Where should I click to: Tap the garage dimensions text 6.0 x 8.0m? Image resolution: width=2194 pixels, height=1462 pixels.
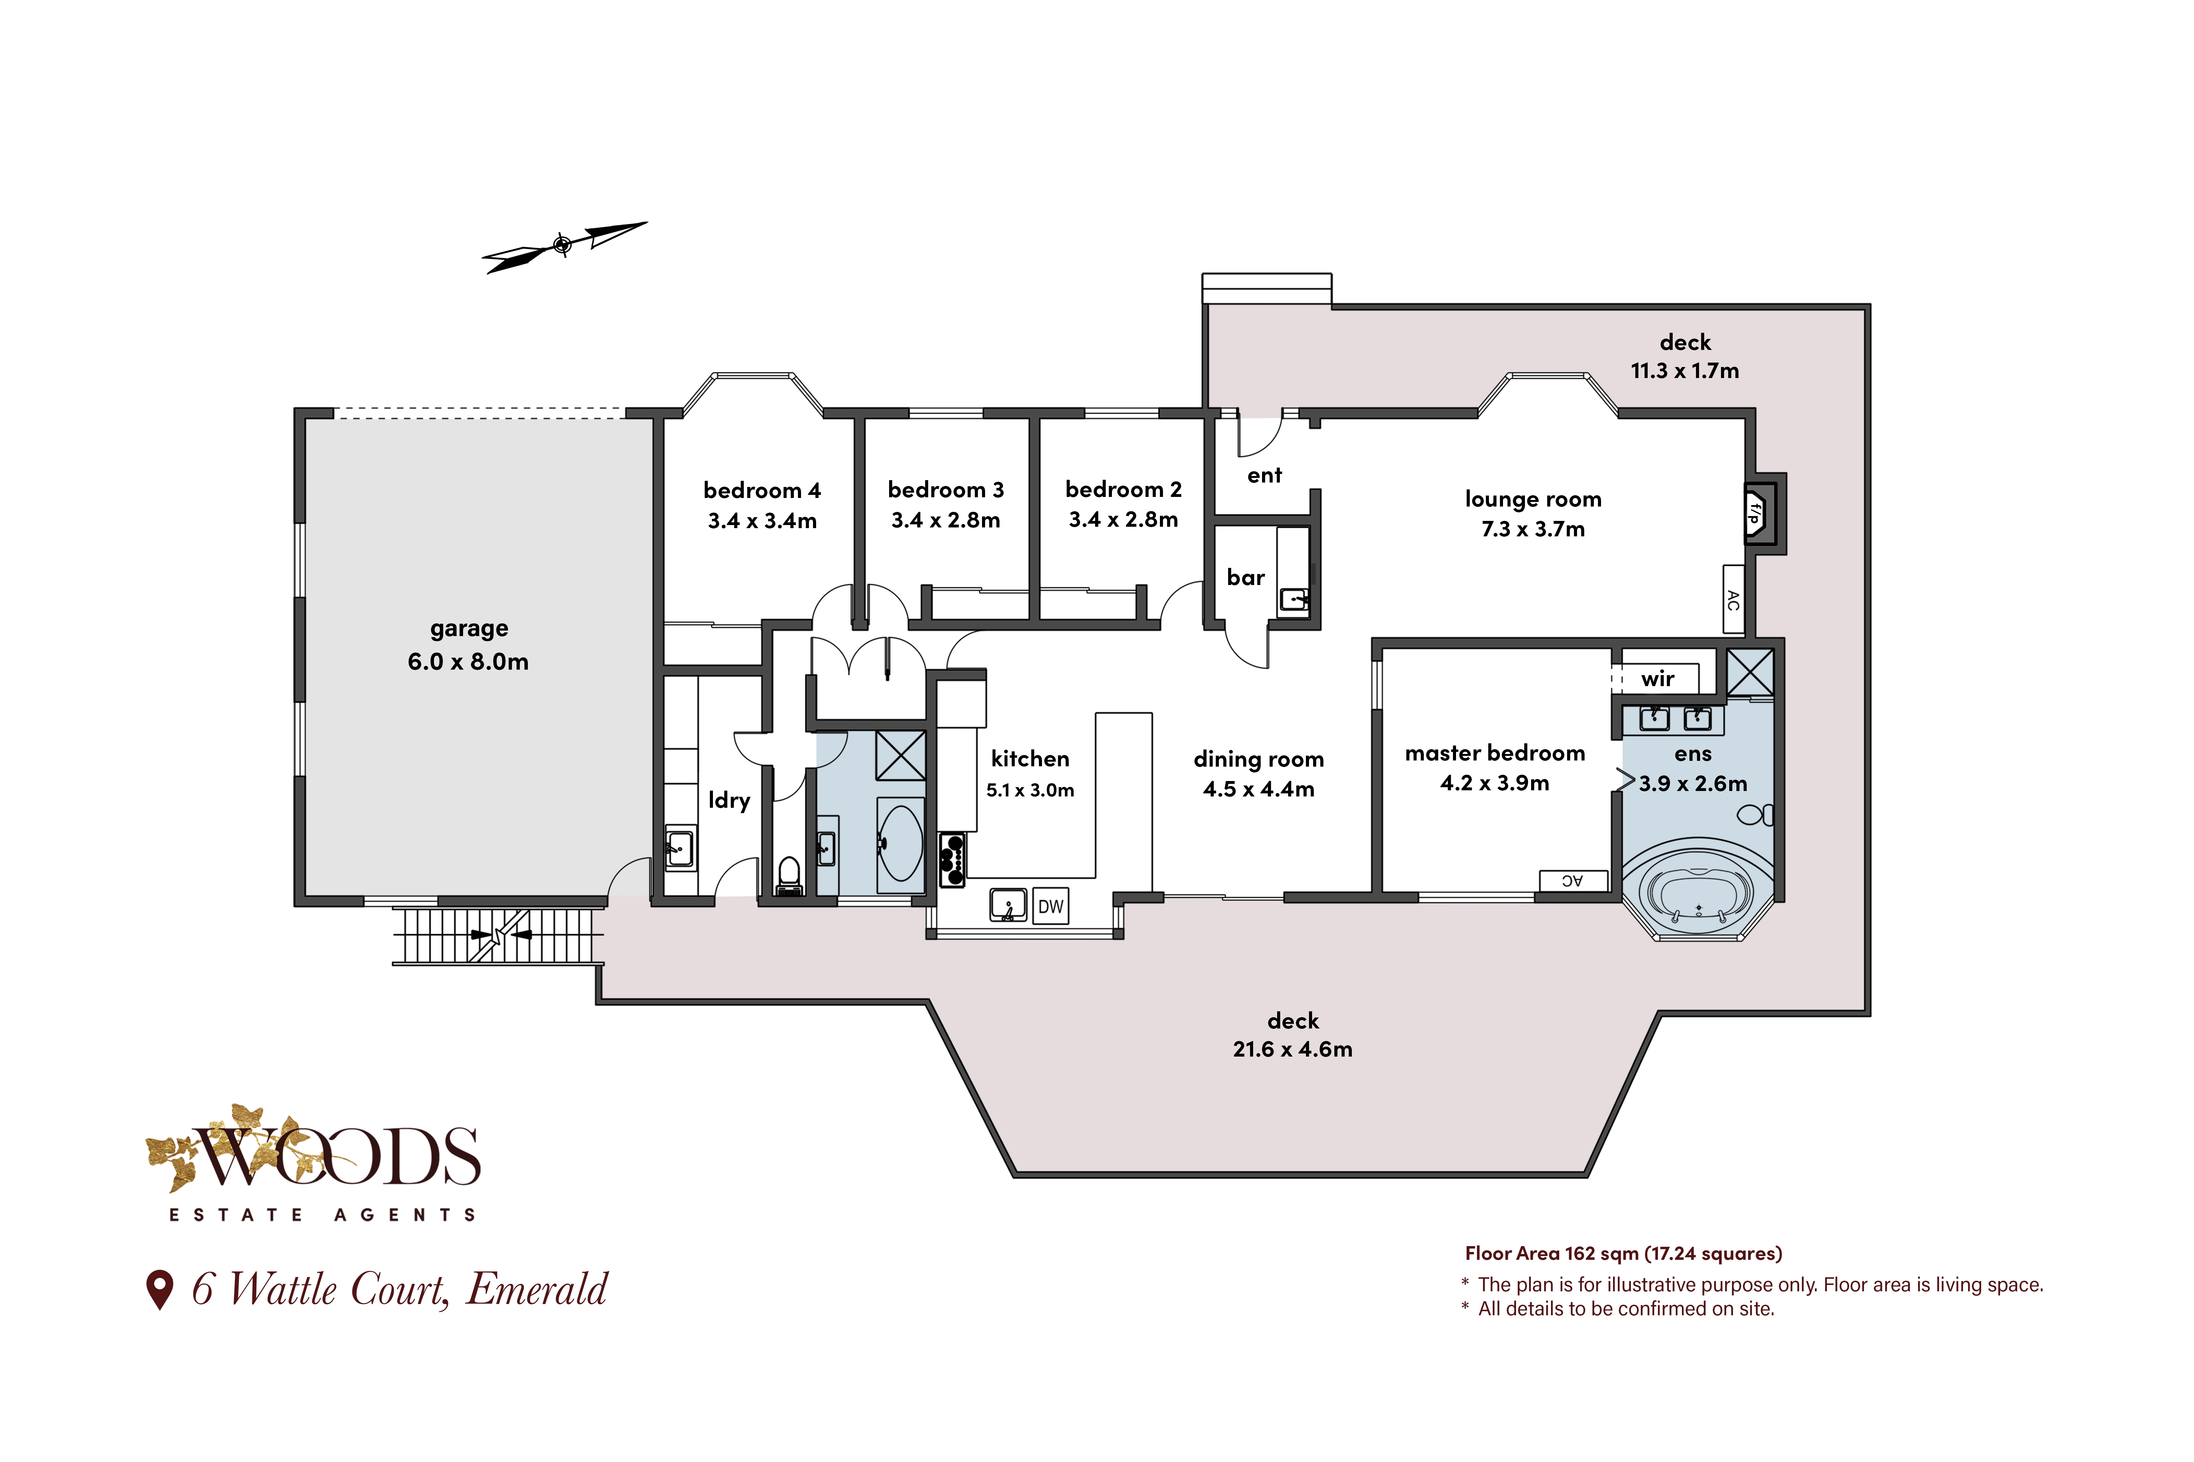coord(468,662)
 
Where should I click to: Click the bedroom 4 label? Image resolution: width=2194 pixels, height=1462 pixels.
coord(762,490)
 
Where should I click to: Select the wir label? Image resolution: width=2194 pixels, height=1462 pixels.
coord(1658,679)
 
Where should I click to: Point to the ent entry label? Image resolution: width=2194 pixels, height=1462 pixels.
coord(1264,476)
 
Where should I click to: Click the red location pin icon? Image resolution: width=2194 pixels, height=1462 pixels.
coord(160,1290)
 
